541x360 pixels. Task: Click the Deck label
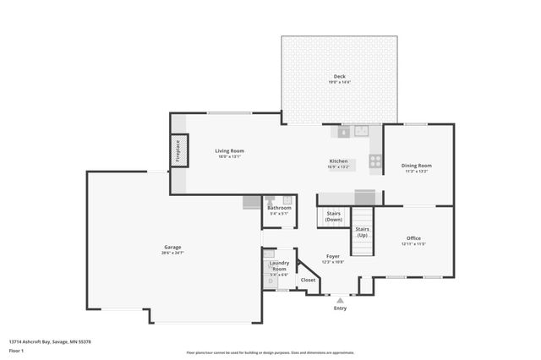pyautogui.click(x=339, y=77)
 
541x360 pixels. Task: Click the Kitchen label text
pyautogui.click(x=338, y=161)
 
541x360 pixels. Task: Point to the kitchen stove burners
pyautogui.click(x=375, y=160)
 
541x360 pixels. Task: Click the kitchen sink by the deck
pyautogui.click(x=362, y=131)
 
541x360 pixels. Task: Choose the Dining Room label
pyautogui.click(x=417, y=166)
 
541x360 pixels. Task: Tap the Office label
pyautogui.click(x=413, y=238)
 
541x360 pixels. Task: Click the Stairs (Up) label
pyautogui.click(x=362, y=232)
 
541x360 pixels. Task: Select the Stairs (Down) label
pyautogui.click(x=334, y=216)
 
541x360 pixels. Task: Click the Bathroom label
pyautogui.click(x=280, y=208)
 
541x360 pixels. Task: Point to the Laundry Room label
pyautogui.click(x=279, y=265)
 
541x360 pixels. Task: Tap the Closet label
pyautogui.click(x=308, y=280)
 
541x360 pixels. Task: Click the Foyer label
pyautogui.click(x=333, y=256)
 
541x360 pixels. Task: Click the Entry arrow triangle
pyautogui.click(x=340, y=298)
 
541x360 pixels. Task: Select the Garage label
pyautogui.click(x=172, y=247)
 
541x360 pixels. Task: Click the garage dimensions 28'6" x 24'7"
pyautogui.click(x=172, y=253)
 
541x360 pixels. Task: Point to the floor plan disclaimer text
pyautogui.click(x=270, y=352)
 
